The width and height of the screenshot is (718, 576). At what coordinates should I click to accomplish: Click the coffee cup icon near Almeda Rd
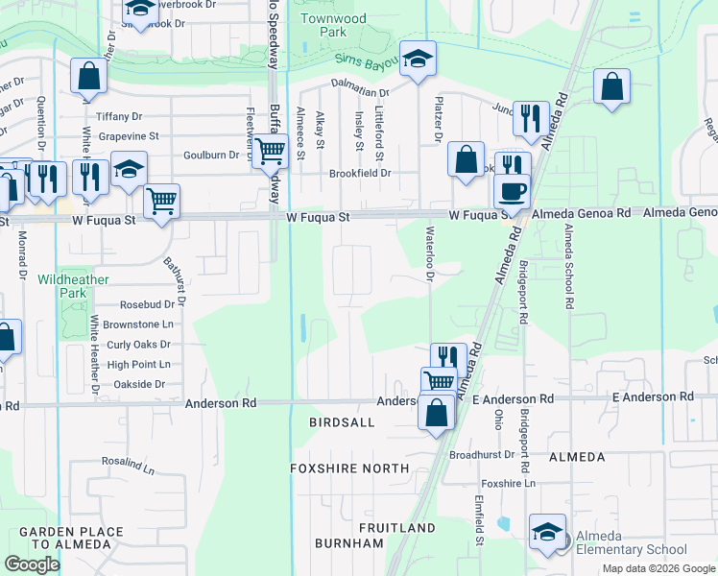click(513, 189)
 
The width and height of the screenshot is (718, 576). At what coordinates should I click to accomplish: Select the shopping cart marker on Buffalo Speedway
click(271, 150)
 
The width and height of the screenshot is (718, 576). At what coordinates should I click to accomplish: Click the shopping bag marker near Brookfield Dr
click(466, 159)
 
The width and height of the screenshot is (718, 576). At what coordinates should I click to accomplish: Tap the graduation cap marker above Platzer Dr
click(418, 59)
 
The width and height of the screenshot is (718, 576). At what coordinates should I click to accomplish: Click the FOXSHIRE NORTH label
click(349, 468)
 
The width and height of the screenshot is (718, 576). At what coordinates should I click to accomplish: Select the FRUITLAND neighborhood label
click(397, 529)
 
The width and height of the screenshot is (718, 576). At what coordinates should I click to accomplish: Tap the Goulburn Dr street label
click(210, 155)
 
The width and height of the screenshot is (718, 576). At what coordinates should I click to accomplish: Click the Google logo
click(32, 564)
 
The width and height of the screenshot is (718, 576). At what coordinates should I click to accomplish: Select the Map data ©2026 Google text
click(658, 568)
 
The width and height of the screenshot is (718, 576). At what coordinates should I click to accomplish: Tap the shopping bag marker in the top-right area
click(611, 87)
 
